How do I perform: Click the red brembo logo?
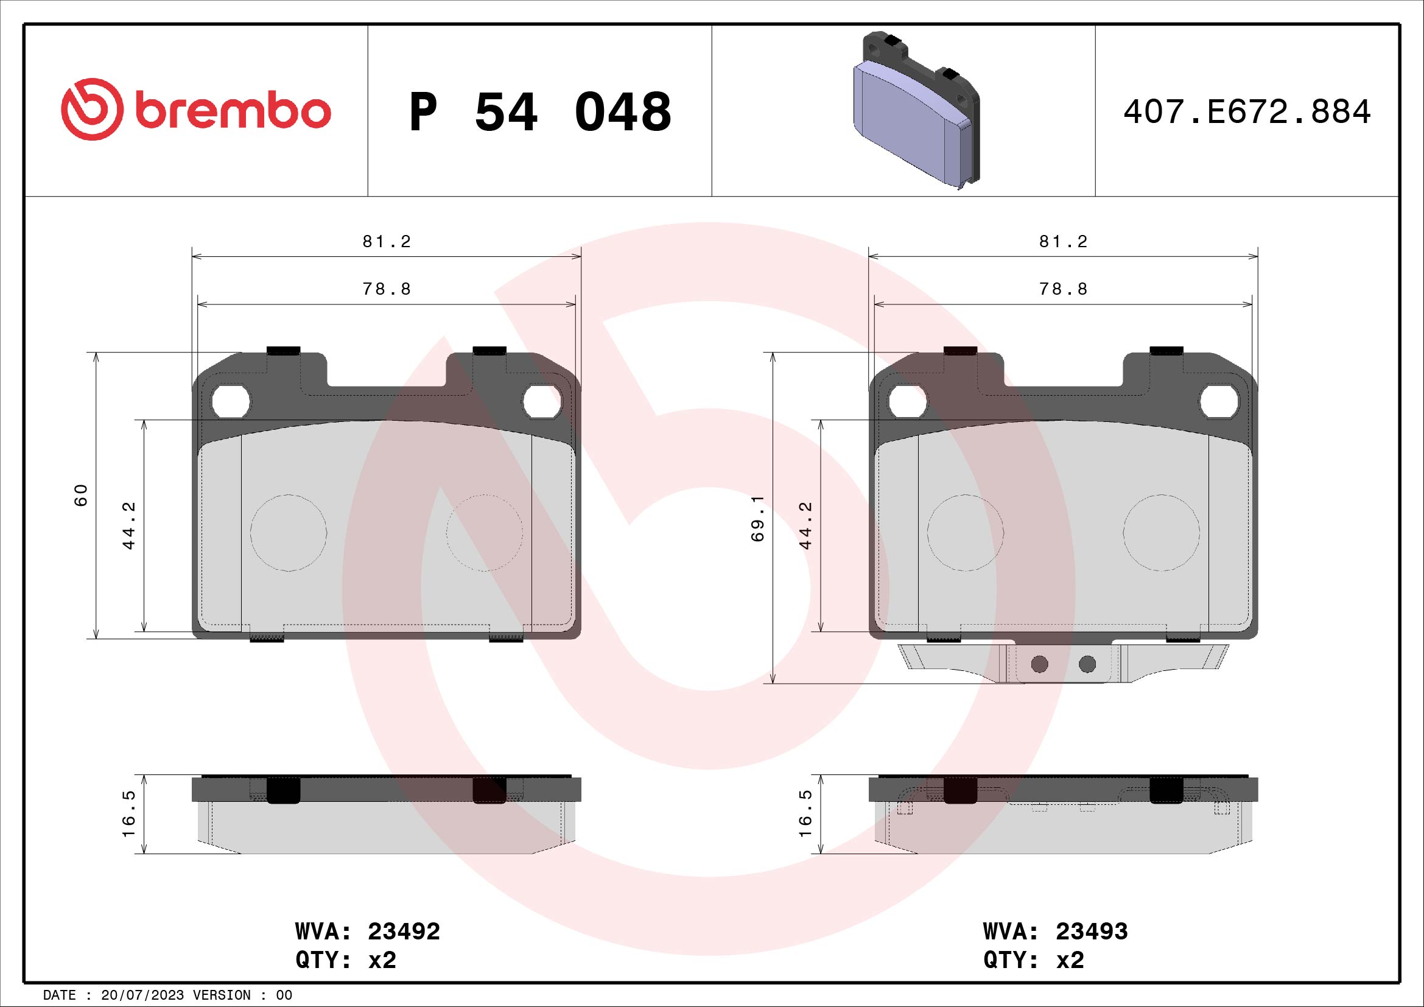point(196,109)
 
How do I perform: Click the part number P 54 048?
point(539,112)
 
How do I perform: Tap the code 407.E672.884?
point(1247,112)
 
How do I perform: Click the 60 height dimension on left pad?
point(81,495)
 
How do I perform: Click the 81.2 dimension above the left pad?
point(387,242)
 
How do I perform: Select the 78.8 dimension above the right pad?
point(1063,289)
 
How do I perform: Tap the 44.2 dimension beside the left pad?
point(128,525)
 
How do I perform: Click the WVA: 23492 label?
point(367,932)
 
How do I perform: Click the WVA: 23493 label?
point(1055,932)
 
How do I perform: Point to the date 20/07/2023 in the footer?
point(142,995)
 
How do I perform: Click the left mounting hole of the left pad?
point(230,402)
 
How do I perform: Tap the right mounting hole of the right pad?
point(1218,402)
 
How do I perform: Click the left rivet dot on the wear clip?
point(1039,665)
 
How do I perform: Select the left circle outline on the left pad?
point(289,532)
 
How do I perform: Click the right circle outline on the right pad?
point(1161,532)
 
